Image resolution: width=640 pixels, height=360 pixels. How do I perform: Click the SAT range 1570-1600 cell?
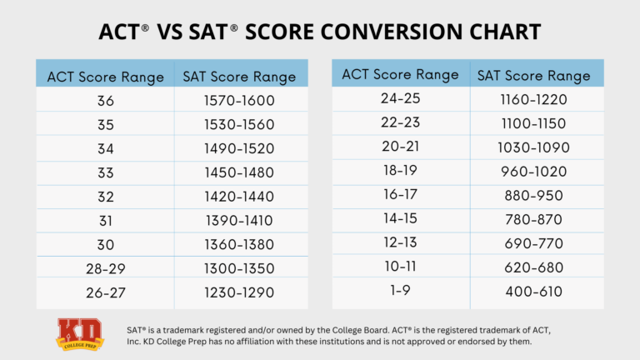(238, 102)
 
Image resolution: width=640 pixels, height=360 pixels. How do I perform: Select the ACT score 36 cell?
(105, 102)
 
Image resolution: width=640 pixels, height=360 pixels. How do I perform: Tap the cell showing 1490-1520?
(238, 150)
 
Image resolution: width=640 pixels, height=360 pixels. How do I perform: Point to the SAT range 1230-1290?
(238, 293)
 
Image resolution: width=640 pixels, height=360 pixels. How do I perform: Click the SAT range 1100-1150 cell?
(533, 123)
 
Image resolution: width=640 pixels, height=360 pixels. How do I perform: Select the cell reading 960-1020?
(533, 172)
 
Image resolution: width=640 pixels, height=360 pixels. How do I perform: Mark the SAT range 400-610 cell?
(533, 292)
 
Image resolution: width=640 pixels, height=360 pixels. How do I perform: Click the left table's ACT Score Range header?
(105, 77)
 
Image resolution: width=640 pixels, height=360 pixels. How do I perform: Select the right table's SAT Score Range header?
(533, 75)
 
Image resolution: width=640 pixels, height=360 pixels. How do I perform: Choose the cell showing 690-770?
(533, 244)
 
